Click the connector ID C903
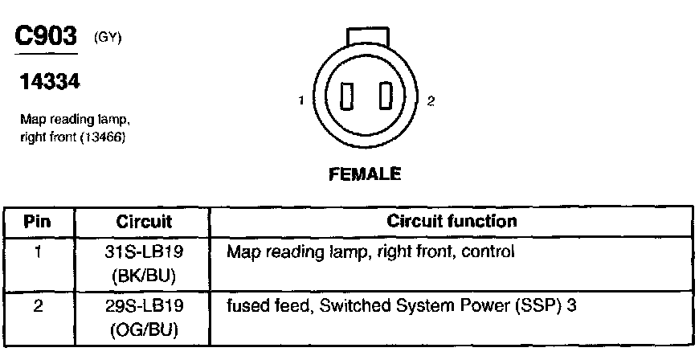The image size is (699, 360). [x=47, y=36]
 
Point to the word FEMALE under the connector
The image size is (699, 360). [x=364, y=174]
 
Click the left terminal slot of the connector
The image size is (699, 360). [x=348, y=99]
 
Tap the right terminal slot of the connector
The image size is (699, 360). [x=385, y=99]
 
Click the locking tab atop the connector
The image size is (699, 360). [x=367, y=37]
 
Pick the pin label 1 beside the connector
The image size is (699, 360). [x=300, y=101]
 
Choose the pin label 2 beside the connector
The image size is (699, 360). [x=431, y=101]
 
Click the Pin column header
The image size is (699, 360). [x=38, y=221]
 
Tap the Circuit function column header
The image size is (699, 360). [x=452, y=221]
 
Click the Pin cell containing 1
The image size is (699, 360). [x=38, y=252]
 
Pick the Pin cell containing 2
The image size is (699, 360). [x=38, y=306]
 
